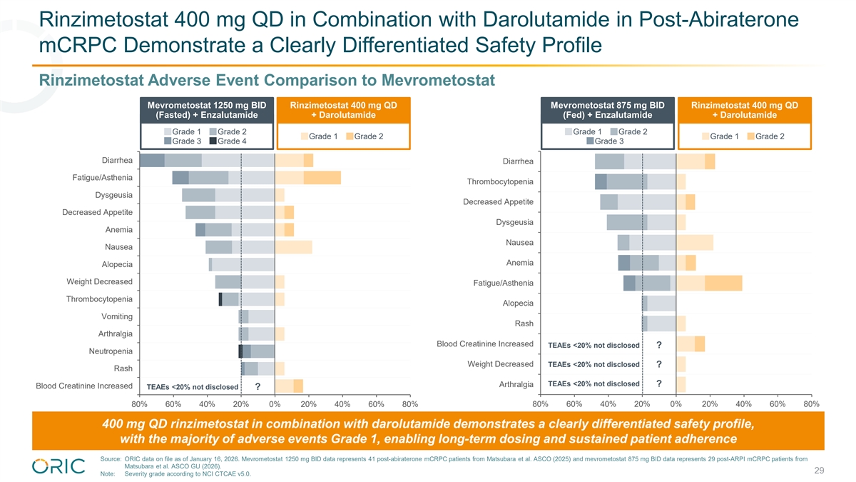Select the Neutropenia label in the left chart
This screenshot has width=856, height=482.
pos(111,351)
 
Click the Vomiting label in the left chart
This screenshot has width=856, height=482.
pos(117,316)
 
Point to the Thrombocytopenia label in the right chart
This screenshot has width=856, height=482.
pos(500,181)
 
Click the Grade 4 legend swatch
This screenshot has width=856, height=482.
pos(213,141)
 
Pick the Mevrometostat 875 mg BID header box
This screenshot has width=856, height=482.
pos(607,111)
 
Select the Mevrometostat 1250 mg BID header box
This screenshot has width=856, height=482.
pos(206,111)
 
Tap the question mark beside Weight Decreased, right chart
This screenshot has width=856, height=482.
pos(658,365)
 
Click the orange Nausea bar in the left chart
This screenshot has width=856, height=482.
pos(293,247)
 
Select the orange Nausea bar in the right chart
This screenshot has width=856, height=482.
pos(694,243)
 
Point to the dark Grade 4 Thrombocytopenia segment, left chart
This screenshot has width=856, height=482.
pos(220,299)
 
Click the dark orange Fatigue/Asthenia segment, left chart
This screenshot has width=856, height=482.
pos(322,178)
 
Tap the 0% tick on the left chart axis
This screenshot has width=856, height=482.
pos(275,404)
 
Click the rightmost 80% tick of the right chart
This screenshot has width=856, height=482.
pos(811,404)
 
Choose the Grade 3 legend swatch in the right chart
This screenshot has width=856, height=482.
pos(590,141)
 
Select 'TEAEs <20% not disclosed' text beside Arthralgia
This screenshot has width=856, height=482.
pos(593,384)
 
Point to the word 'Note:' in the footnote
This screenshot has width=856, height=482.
pos(108,474)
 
